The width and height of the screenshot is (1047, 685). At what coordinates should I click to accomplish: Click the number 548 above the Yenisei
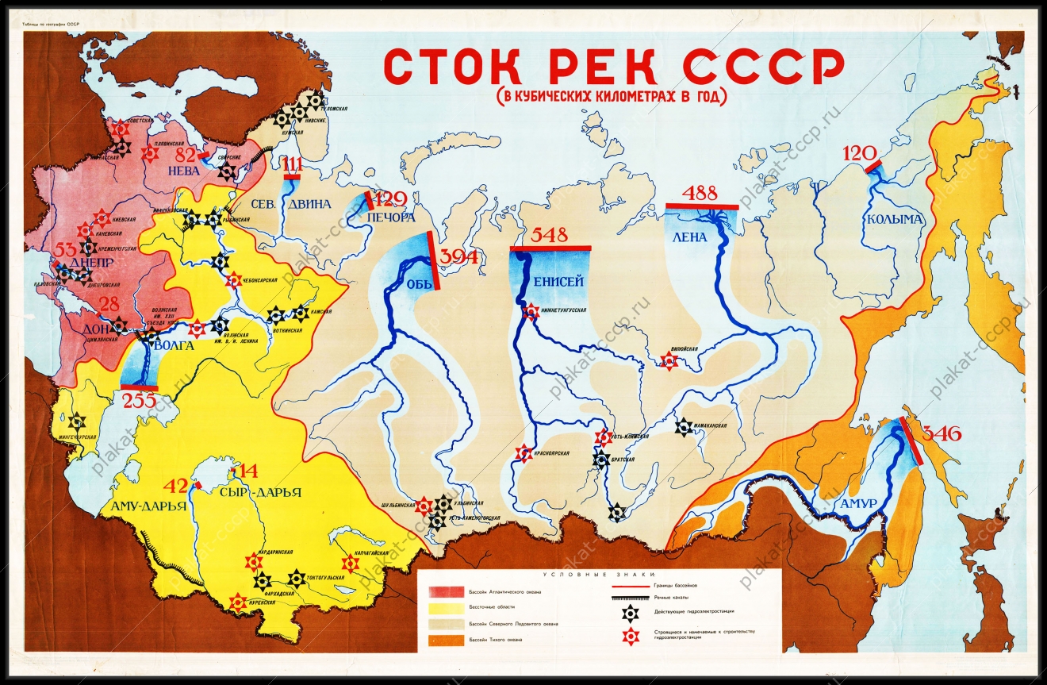(x=550, y=236)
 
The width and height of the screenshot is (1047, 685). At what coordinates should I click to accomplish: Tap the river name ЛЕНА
(x=688, y=237)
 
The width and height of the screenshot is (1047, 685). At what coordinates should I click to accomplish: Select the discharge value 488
(x=700, y=193)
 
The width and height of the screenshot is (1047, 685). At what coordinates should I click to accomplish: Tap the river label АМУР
(x=857, y=504)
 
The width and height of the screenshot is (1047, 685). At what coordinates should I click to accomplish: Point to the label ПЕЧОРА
(x=390, y=217)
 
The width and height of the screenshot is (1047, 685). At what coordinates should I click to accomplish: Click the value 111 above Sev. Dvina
(x=293, y=164)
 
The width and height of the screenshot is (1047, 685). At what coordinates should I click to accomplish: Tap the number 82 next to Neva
(x=186, y=154)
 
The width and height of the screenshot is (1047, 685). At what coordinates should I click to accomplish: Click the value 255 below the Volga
(x=139, y=401)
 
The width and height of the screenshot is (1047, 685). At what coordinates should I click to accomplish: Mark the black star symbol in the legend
(x=629, y=610)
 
